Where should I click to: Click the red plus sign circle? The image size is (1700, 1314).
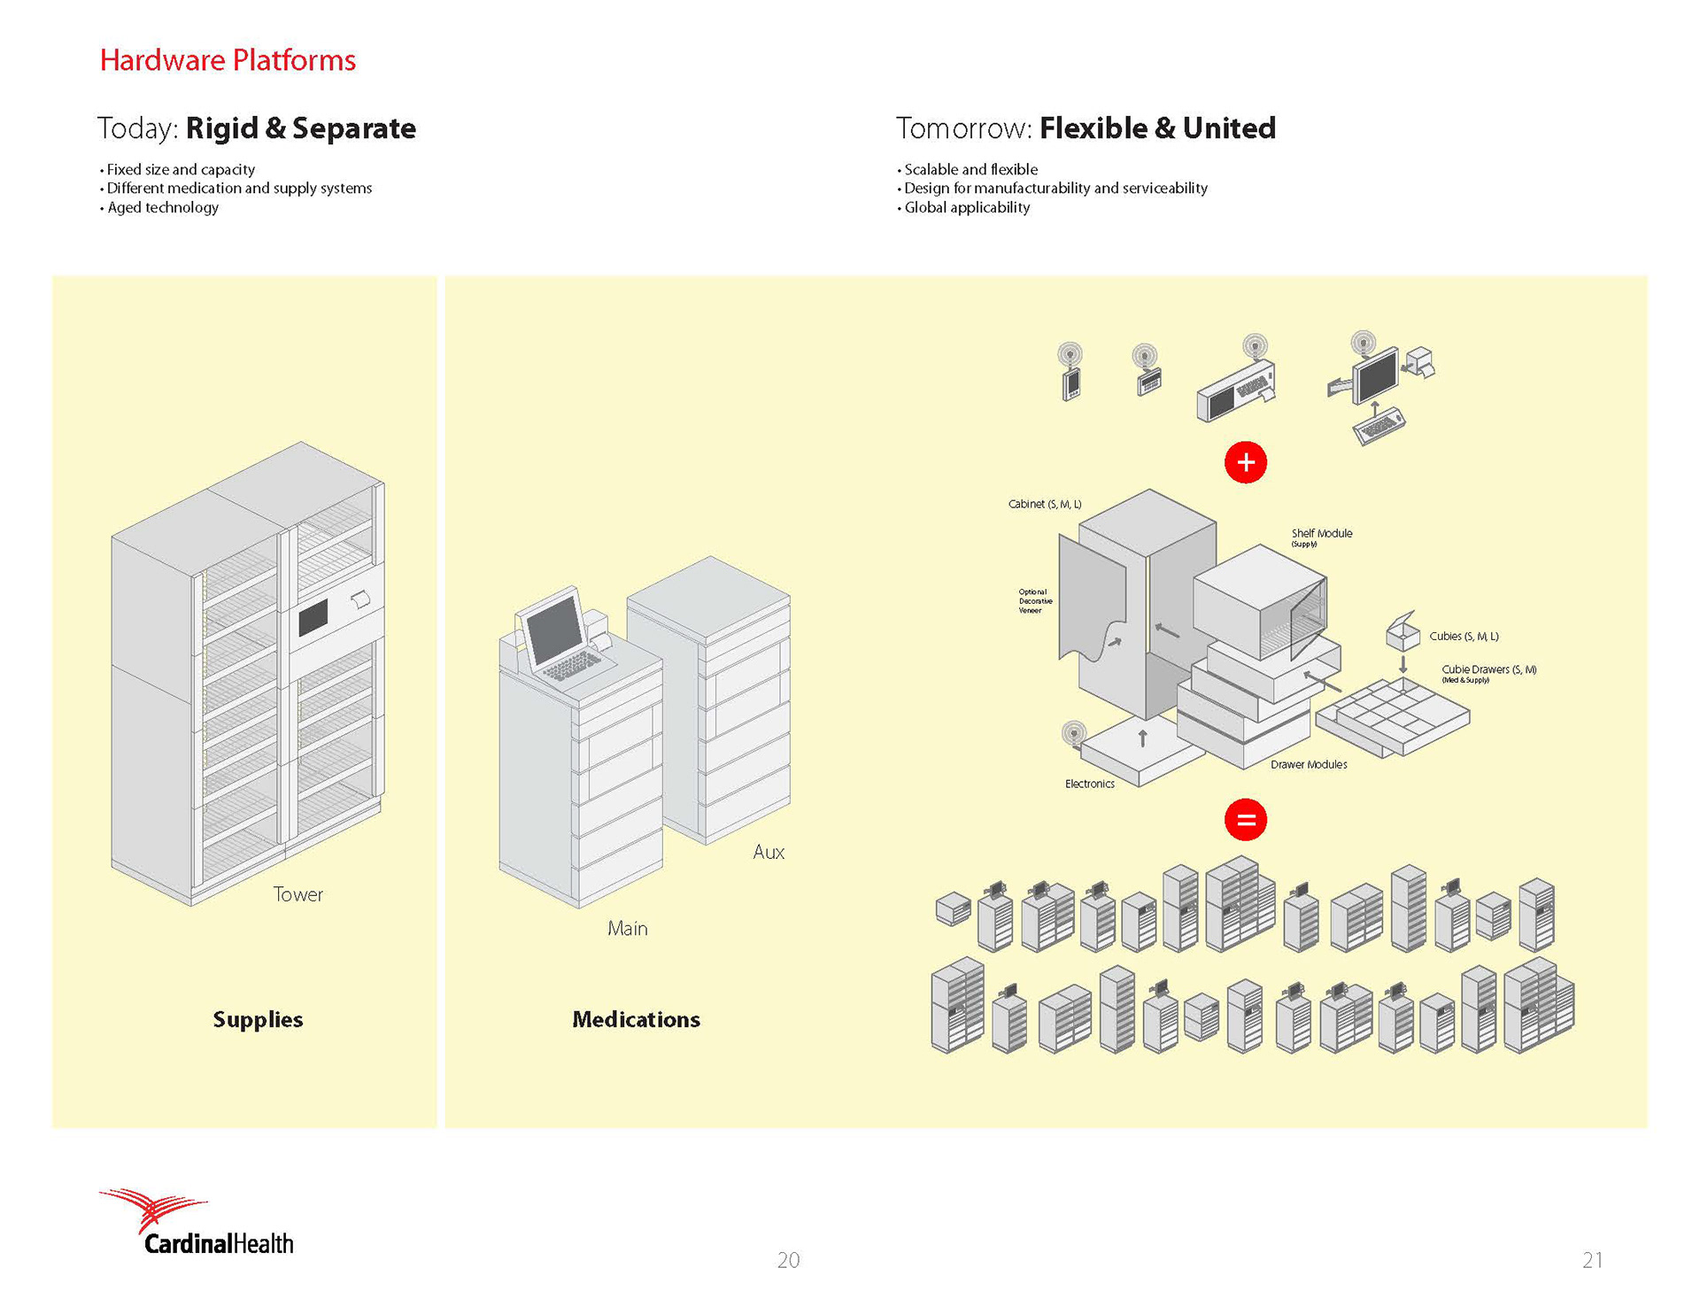[x=1246, y=462]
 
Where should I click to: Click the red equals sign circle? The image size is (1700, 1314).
[x=1246, y=820]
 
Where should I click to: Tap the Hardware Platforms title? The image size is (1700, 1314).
[x=228, y=60]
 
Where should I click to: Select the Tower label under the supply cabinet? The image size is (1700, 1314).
[x=297, y=894]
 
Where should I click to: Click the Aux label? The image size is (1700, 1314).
[x=769, y=852]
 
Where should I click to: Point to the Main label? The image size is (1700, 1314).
[x=627, y=928]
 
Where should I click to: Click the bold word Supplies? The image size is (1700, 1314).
[x=258, y=1019]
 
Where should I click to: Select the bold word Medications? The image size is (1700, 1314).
[x=636, y=1019]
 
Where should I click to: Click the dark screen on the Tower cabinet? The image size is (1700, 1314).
[x=313, y=617]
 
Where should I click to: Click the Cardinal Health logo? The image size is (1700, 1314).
[x=197, y=1225]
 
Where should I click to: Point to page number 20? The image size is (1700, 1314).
[x=788, y=1260]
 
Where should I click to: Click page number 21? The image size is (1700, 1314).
[x=1592, y=1260]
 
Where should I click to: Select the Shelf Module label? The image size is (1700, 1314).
[x=1321, y=533]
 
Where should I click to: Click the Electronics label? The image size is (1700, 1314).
[x=1089, y=784]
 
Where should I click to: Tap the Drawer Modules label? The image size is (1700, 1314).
[x=1308, y=764]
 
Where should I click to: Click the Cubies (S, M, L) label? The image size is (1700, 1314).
[x=1464, y=636]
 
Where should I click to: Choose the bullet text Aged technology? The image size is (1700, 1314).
[x=163, y=207]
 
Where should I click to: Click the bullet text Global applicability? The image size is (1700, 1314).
[x=967, y=207]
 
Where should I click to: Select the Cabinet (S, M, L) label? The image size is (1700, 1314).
[x=1045, y=504]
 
